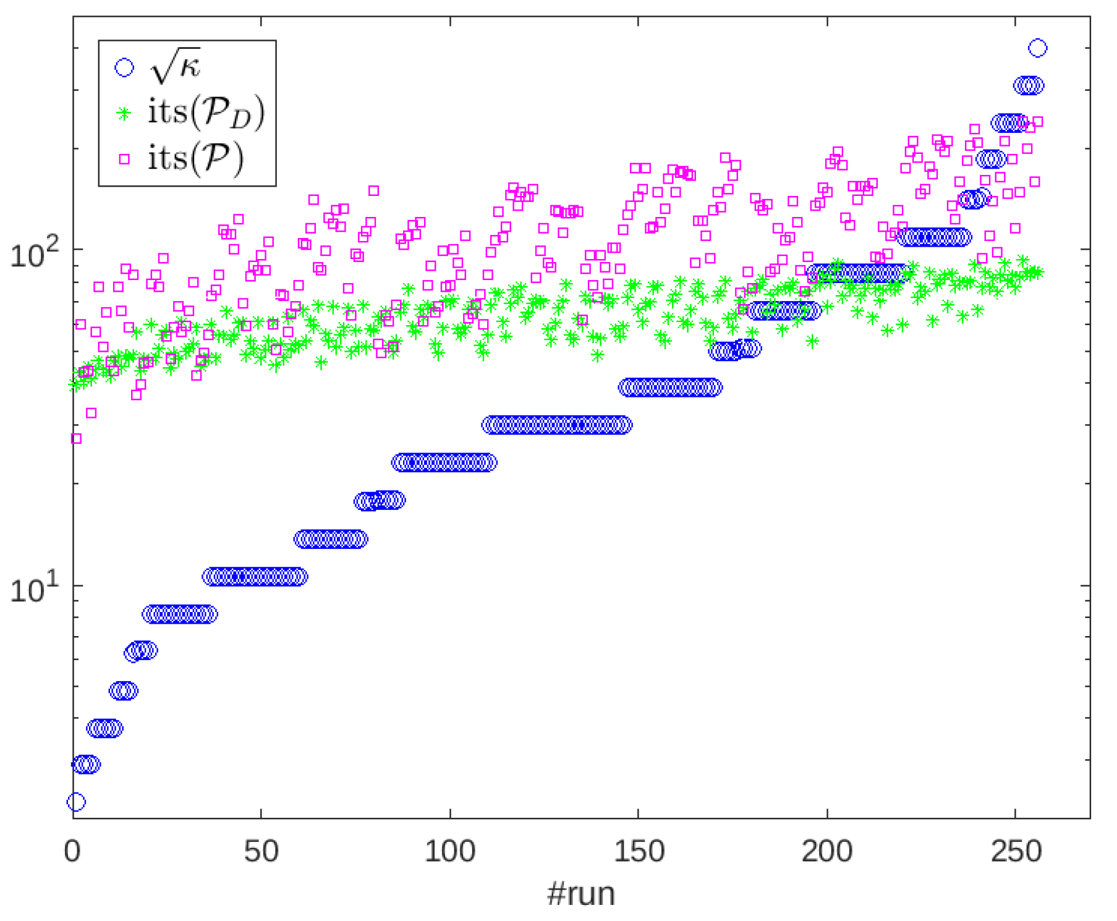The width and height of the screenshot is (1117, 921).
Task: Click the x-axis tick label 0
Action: (x=72, y=852)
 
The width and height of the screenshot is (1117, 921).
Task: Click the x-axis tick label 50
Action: (x=261, y=852)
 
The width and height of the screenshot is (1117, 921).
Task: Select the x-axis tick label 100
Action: (x=449, y=852)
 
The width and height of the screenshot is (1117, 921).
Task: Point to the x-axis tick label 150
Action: (x=639, y=852)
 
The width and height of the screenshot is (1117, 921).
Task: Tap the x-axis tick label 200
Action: (x=827, y=852)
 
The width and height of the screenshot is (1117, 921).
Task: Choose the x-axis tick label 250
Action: (x=1016, y=852)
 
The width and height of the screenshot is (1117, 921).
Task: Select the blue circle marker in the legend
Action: (x=124, y=67)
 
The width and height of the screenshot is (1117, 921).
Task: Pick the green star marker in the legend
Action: (x=124, y=114)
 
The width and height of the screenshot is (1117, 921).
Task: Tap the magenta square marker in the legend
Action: (x=124, y=159)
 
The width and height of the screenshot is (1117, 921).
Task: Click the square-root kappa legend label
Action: (x=176, y=66)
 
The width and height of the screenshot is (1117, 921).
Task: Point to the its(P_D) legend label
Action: (x=206, y=112)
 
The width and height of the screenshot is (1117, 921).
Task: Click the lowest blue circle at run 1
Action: (x=76, y=802)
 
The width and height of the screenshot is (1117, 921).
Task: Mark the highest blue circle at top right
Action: (x=1037, y=48)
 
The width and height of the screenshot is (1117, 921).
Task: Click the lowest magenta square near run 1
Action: (x=76, y=438)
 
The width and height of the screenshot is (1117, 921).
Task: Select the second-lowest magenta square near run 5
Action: (x=91, y=412)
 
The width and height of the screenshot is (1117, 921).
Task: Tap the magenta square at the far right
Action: (x=1038, y=122)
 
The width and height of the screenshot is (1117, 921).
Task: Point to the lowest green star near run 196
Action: (x=812, y=341)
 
